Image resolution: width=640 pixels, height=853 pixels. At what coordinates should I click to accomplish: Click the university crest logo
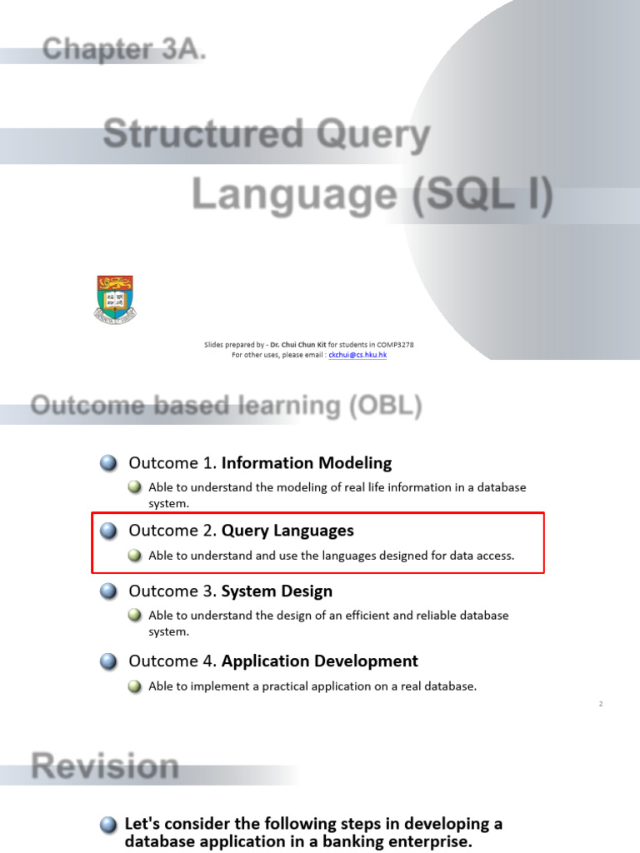115,300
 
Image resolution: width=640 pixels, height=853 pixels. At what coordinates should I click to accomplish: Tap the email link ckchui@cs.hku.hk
357,355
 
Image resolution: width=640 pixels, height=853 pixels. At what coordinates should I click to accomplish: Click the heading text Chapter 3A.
124,49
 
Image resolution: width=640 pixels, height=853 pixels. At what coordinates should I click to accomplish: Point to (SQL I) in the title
482,194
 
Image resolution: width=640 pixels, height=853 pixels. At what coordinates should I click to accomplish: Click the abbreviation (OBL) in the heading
386,406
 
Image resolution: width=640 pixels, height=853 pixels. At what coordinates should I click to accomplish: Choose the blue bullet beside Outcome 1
109,463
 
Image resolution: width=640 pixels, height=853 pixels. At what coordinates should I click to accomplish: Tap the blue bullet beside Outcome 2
109,531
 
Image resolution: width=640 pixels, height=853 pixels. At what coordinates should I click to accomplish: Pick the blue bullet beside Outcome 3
109,591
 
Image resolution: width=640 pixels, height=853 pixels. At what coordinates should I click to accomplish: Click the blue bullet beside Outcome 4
109,661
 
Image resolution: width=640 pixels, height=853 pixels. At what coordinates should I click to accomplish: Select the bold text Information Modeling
307,463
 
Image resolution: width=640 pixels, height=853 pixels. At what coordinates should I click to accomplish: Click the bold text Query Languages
287,531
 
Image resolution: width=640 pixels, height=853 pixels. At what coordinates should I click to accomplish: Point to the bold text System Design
277,591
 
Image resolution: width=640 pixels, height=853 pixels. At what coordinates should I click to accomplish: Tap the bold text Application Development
319,661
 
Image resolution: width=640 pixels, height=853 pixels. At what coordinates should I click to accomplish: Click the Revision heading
105,766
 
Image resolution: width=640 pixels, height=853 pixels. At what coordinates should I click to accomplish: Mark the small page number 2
601,704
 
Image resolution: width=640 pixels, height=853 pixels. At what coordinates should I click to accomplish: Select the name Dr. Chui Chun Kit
298,344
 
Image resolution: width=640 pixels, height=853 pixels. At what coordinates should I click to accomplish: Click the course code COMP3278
395,344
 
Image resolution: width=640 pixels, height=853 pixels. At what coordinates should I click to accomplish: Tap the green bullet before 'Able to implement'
134,686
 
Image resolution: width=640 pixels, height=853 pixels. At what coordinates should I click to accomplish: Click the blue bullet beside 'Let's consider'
109,826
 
